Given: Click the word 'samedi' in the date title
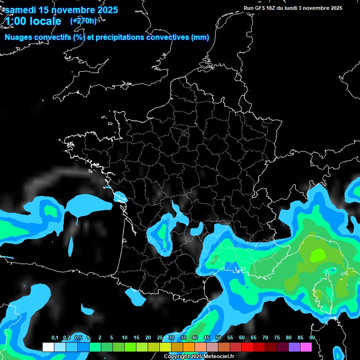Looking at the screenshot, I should [20, 10].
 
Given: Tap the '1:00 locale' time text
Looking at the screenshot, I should [33, 21].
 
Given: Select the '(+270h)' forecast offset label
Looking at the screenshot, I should [83, 21].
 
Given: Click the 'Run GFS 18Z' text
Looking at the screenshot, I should [260, 8].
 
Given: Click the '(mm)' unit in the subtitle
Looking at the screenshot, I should [200, 37].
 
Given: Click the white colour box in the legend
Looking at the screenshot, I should [48, 347].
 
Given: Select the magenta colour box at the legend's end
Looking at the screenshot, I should [306, 347].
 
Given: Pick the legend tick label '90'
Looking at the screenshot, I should [312, 338].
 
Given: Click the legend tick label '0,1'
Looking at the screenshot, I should [55, 338].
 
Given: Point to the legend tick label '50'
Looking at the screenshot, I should [218, 338].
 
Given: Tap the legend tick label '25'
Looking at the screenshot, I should [160, 338].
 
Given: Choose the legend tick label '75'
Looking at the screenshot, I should [277, 338].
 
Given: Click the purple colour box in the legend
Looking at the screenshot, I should [294, 347].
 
